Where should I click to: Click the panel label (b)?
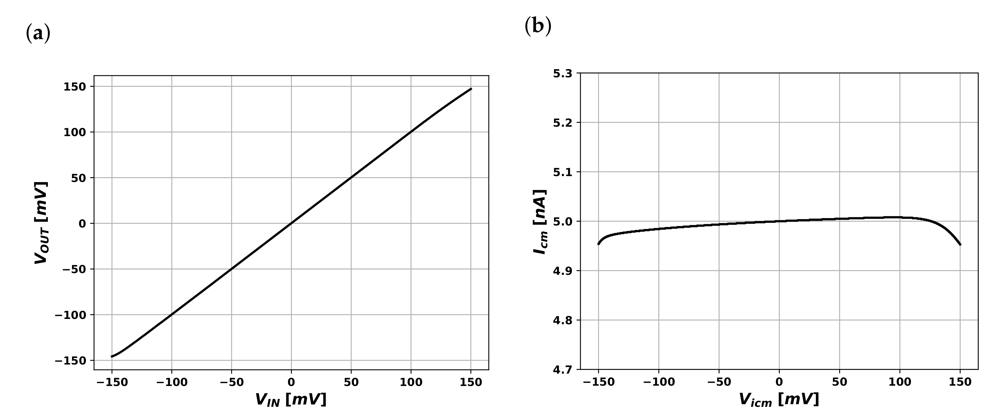click(x=538, y=27)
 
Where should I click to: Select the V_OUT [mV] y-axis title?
click(x=41, y=223)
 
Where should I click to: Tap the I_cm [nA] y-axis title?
click(x=540, y=222)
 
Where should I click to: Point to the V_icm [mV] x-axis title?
click(x=779, y=400)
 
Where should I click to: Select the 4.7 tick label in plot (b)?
click(x=562, y=369)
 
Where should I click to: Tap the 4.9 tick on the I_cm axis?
click(x=562, y=271)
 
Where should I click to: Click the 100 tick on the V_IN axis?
click(x=411, y=382)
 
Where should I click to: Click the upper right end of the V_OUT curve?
click(x=471, y=89)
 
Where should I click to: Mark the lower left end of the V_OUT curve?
click(x=112, y=356)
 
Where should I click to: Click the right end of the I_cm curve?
click(x=960, y=245)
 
